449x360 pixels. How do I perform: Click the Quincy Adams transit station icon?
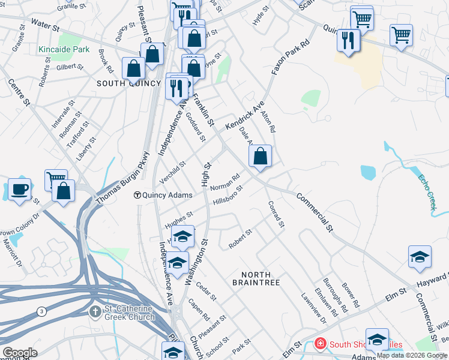click(137, 195)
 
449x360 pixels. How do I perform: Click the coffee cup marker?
click(20, 190)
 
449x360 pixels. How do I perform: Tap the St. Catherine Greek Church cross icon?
click(95, 312)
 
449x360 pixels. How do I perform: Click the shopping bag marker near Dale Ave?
click(260, 157)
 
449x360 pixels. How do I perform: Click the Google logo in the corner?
click(19, 353)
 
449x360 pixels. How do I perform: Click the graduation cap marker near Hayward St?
click(420, 258)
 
